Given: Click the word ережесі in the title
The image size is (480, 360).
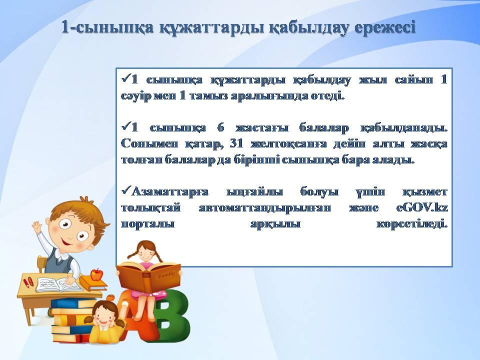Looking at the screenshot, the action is click(x=384, y=27).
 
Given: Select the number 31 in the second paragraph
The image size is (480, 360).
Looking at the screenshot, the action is click(x=236, y=143).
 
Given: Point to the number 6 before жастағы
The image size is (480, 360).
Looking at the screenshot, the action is click(x=220, y=127).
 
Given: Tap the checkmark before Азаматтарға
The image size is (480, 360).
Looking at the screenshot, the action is click(x=126, y=191).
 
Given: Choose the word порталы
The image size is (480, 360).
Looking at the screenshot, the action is click(x=147, y=224).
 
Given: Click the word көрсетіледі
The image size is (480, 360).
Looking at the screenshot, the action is click(x=411, y=224).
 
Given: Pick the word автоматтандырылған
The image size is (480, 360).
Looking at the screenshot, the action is click(x=265, y=208).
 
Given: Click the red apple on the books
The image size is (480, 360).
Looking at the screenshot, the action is click(x=96, y=274).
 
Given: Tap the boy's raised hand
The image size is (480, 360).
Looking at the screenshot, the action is click(x=37, y=228).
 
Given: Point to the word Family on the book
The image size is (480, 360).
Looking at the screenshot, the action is click(x=166, y=275).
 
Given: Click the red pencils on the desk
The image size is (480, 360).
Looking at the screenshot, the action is click(x=28, y=282).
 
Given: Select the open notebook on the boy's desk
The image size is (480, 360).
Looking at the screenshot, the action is click(x=57, y=284).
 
